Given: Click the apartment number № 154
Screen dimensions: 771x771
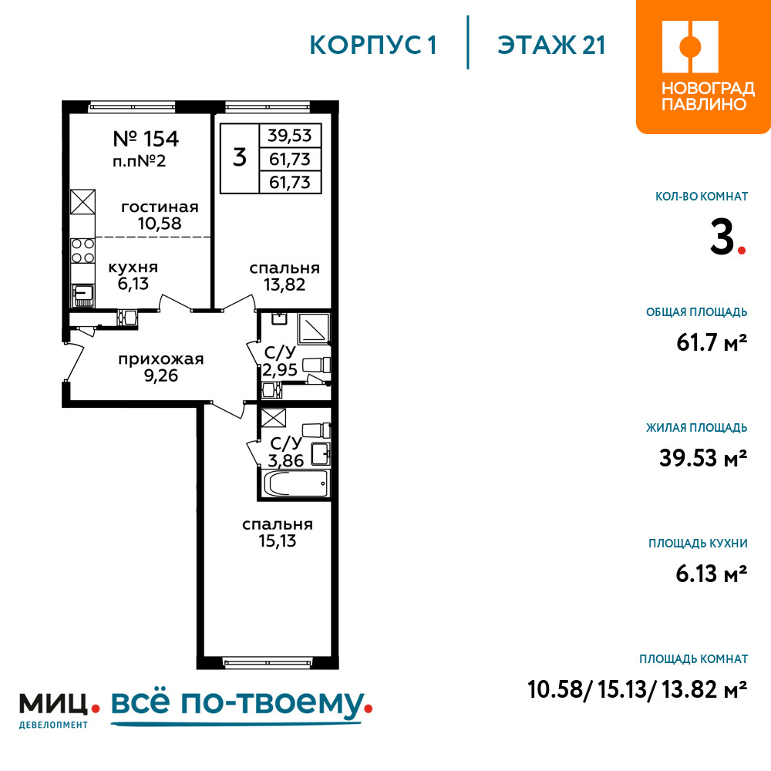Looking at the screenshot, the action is (x=146, y=139).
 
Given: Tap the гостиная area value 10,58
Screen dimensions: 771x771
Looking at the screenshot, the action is (x=160, y=224).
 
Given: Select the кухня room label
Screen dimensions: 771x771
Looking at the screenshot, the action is (x=133, y=268).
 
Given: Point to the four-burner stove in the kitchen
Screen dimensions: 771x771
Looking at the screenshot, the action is (x=82, y=251).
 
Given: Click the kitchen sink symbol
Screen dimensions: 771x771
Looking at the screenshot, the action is (x=82, y=295).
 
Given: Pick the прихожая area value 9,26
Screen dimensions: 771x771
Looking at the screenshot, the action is (x=161, y=375).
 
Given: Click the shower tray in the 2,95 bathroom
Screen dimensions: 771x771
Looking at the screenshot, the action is (x=313, y=328).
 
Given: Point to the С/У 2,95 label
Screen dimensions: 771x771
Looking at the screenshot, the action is (x=280, y=361).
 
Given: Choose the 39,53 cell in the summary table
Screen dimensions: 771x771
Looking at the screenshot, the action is (x=290, y=135).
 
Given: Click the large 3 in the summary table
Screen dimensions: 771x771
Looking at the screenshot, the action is (x=240, y=157).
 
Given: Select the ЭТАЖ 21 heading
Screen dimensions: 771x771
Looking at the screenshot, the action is (x=550, y=45).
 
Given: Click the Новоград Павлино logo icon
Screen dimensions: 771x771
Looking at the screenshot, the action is (x=690, y=47).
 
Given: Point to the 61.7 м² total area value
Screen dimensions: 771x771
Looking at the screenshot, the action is (x=712, y=342).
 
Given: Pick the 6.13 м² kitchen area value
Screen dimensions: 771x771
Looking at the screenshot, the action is (x=712, y=574).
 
